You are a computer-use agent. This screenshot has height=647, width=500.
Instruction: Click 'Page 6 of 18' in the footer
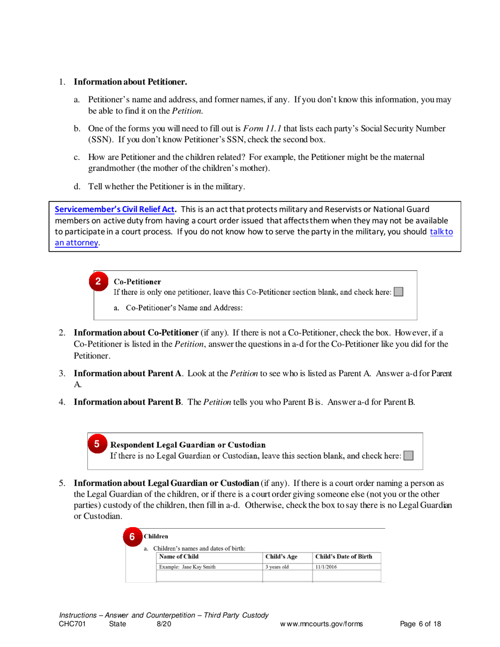tap(421, 624)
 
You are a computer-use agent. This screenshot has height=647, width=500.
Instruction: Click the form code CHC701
tap(73, 624)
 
